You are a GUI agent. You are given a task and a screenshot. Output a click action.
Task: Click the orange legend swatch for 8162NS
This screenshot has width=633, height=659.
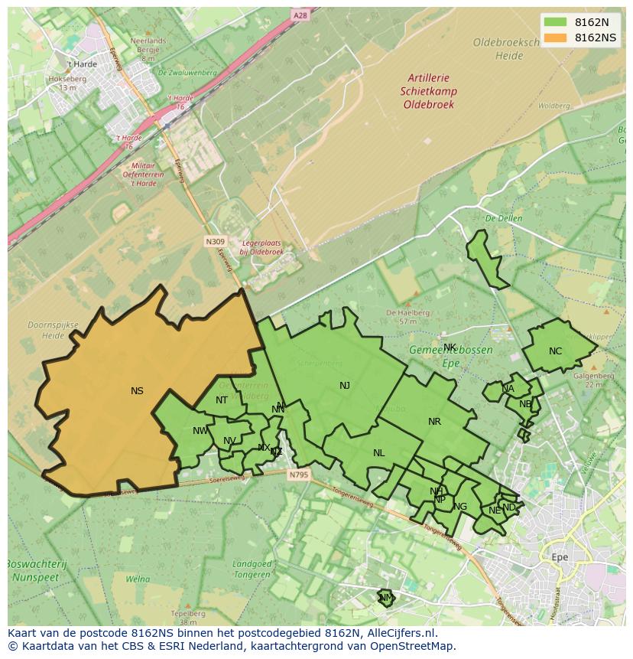(556, 38)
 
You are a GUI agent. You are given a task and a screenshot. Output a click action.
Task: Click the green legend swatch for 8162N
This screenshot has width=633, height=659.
(556, 22)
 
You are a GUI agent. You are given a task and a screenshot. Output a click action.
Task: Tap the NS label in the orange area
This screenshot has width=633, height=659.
(137, 391)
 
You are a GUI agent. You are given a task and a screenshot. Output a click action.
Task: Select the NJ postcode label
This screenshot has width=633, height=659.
(345, 386)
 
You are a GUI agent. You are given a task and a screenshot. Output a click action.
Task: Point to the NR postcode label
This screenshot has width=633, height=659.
(434, 422)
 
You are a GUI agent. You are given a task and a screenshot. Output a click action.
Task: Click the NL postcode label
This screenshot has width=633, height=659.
(378, 453)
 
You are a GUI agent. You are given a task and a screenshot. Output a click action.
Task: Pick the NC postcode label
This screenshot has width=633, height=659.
(555, 352)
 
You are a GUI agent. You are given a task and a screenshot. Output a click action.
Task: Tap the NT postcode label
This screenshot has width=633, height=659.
(221, 400)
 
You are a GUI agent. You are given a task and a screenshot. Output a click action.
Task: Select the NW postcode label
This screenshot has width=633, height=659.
(200, 431)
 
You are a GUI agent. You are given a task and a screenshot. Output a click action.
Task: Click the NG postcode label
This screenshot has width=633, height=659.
(460, 507)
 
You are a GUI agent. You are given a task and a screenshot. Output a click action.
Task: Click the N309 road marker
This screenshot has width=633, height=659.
(214, 241)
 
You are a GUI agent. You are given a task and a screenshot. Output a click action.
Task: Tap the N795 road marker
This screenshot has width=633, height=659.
(298, 475)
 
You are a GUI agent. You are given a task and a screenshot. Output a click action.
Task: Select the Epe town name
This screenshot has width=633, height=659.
(560, 557)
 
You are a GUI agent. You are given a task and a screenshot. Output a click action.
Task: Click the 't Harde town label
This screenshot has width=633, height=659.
(81, 64)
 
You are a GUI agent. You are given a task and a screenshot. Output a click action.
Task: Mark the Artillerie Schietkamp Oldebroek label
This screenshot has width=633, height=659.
(428, 91)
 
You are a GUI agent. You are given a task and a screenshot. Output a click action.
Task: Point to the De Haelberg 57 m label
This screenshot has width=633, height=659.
(401, 317)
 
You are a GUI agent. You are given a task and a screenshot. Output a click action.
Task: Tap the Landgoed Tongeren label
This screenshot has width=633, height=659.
(252, 569)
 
